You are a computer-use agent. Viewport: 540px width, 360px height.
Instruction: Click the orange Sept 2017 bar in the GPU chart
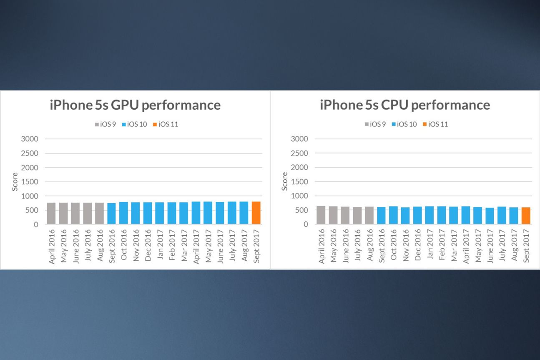[x=256, y=213]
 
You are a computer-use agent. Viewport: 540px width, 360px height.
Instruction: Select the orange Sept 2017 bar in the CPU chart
[x=526, y=216]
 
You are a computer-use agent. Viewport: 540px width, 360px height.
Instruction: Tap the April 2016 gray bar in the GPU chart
[x=51, y=214]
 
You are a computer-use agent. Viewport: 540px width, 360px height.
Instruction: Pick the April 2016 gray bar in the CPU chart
[x=321, y=215]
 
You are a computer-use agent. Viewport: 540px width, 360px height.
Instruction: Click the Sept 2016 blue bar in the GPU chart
[x=111, y=214]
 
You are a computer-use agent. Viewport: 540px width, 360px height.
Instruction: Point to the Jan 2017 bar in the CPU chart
[x=429, y=215]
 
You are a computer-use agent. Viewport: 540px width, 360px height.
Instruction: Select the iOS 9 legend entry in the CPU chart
[x=375, y=124]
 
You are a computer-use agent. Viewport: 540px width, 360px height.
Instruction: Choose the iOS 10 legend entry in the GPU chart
[x=134, y=124]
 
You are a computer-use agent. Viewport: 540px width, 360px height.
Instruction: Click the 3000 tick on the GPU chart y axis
[x=30, y=139]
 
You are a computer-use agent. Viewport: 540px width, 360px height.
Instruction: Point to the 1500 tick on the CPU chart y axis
[x=300, y=181]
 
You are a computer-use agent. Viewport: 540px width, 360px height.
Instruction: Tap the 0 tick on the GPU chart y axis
[x=36, y=224]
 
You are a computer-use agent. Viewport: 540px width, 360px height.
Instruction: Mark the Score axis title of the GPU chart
[x=15, y=181]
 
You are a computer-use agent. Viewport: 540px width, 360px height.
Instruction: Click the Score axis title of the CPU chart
[x=285, y=181]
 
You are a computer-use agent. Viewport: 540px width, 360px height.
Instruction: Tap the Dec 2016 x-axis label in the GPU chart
[x=148, y=245]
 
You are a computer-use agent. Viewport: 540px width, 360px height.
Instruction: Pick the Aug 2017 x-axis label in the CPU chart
[x=514, y=245]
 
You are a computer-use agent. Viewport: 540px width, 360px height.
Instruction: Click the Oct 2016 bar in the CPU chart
[x=393, y=215]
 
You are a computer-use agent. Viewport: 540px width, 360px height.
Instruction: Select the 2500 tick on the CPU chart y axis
[x=300, y=153]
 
